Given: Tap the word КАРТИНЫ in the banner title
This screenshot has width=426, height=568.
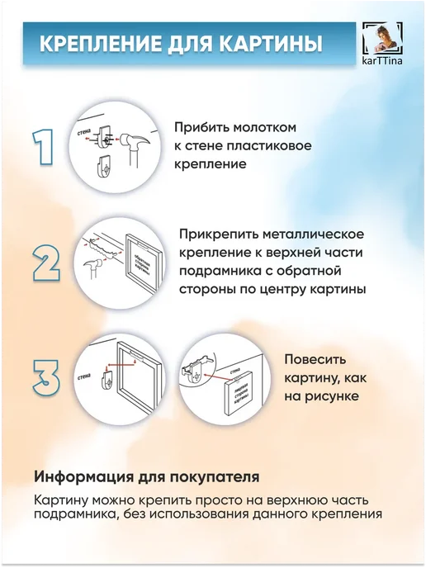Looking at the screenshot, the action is [271, 44].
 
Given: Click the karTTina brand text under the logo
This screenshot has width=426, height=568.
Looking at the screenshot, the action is [382, 60].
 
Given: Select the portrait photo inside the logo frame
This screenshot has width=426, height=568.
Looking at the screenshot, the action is [383, 37].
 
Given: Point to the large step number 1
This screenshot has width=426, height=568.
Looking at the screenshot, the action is [43, 147].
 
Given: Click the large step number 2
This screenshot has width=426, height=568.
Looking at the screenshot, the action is [46, 263].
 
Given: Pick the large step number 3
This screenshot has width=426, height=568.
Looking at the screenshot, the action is [46, 377].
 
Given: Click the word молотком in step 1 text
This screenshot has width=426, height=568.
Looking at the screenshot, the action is [265, 127].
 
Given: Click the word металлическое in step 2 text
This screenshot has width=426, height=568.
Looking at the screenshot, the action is [314, 234].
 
